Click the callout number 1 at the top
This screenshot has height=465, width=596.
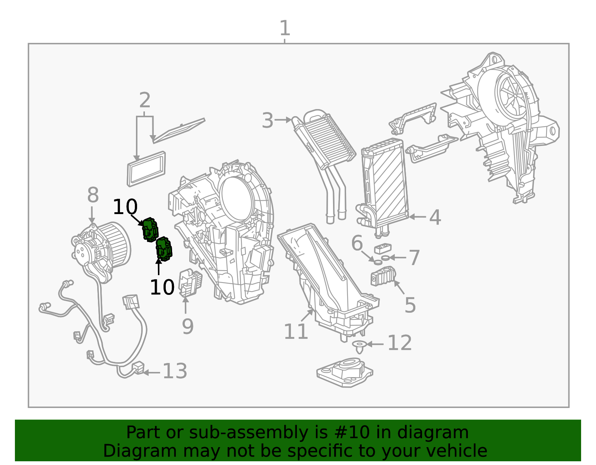tap(285, 28)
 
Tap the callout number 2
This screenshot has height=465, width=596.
tap(145, 101)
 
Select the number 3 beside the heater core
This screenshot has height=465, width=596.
tap(267, 121)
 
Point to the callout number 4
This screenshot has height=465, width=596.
tap(435, 217)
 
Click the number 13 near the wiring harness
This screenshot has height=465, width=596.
tap(175, 371)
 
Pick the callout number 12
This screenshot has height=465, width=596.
tap(399, 343)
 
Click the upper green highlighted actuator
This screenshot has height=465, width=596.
tap(150, 229)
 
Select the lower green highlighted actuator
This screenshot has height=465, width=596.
tap(164, 249)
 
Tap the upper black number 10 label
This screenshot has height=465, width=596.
tap(125, 207)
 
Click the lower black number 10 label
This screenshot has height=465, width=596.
tap(162, 287)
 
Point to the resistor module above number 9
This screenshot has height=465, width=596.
tap(190, 283)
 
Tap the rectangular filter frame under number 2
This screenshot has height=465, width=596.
tap(146, 169)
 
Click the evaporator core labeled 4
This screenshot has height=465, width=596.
tap(386, 184)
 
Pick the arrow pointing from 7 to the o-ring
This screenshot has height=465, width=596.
tap(398, 258)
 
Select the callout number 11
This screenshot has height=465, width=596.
tap(296, 331)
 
